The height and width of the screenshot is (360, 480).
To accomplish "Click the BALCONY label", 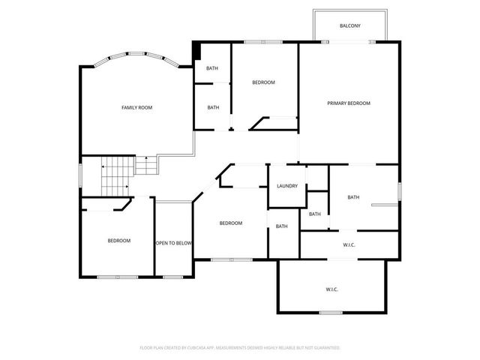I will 349,25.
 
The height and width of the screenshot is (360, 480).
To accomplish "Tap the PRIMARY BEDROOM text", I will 349,103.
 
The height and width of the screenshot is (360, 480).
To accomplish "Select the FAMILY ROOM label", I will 137,108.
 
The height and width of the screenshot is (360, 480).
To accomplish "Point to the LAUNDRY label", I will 287,186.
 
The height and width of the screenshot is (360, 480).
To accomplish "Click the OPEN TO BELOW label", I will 174,243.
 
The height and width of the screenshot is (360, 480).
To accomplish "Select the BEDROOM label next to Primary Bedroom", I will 263,82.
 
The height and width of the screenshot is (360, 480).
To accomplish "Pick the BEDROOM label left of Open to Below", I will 118,241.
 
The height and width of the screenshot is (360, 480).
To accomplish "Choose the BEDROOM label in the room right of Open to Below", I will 230,223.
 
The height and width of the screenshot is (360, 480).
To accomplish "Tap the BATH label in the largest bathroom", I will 353,197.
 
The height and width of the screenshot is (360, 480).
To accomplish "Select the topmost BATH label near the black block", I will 213,69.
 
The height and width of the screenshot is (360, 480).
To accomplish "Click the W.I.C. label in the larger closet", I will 333,289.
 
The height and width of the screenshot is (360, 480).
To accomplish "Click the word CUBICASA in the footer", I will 201,348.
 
